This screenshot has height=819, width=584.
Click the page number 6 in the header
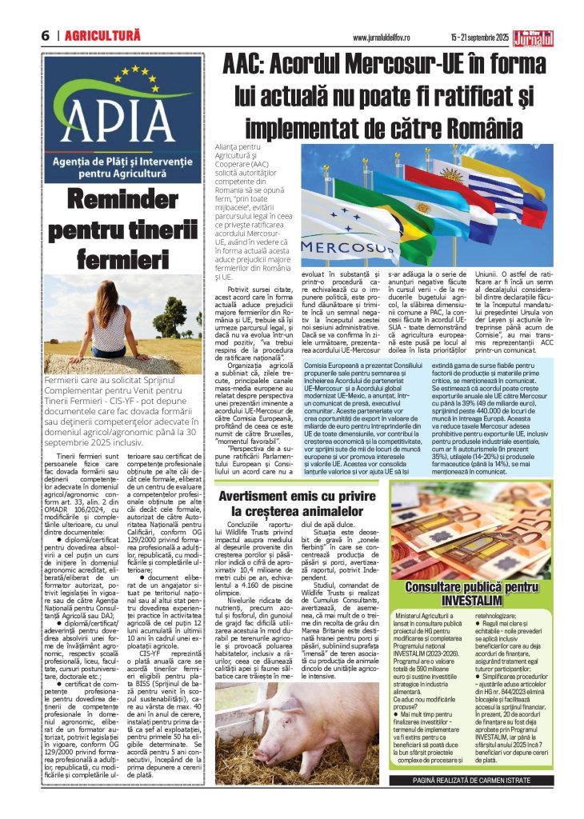click(x=45, y=37)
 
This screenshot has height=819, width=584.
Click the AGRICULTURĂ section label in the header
click(x=103, y=37)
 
